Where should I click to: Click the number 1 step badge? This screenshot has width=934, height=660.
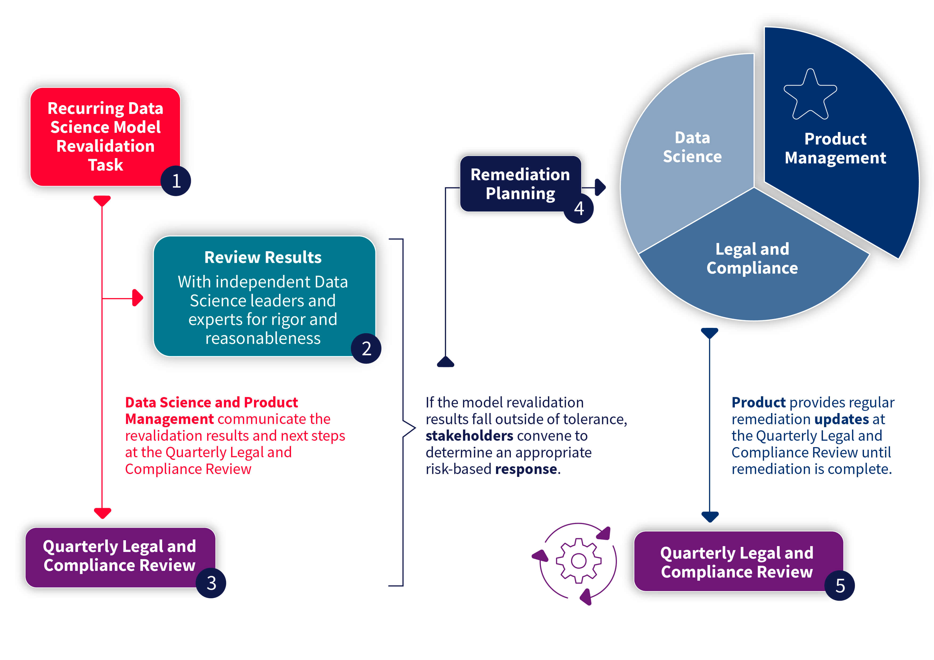pyautogui.click(x=176, y=181)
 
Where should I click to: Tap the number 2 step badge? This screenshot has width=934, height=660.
pyautogui.click(x=366, y=349)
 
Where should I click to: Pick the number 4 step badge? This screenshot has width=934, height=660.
pyautogui.click(x=579, y=208)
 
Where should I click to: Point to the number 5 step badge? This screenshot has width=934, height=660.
pyautogui.click(x=840, y=585)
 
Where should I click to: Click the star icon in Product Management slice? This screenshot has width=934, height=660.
pyautogui.click(x=810, y=95)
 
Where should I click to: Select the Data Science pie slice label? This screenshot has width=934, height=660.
pyautogui.click(x=692, y=147)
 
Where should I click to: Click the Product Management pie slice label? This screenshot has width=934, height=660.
pyautogui.click(x=835, y=148)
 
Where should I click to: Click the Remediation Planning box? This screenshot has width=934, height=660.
pyautogui.click(x=520, y=184)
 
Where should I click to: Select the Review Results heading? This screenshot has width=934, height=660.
pyautogui.click(x=263, y=257)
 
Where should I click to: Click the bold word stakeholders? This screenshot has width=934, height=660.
pyautogui.click(x=469, y=436)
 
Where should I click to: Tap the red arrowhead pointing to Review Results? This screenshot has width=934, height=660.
pyautogui.click(x=138, y=298)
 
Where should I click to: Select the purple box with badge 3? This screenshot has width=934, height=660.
pyautogui.click(x=120, y=556)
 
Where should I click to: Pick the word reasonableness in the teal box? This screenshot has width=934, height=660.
pyautogui.click(x=263, y=338)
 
